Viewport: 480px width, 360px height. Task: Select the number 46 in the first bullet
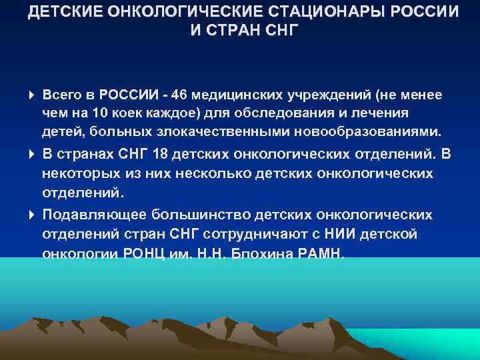coord(179,95)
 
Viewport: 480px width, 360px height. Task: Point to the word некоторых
coord(75,174)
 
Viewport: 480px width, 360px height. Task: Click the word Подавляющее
coord(95,215)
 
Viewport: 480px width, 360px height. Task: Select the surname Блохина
coord(261,253)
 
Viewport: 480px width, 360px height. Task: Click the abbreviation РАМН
coord(321,253)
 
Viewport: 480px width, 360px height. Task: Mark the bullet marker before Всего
coord(33,95)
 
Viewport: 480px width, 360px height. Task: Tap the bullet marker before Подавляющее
coord(33,215)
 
